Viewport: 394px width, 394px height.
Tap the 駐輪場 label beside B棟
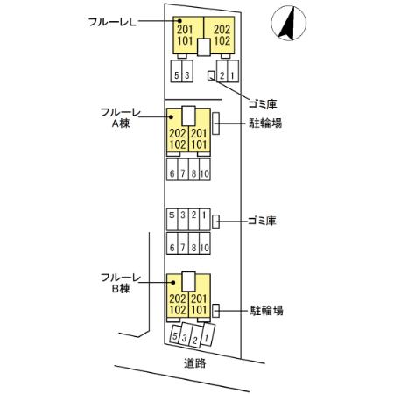[x=265, y=310]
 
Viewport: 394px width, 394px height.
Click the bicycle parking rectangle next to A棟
[x=215, y=123]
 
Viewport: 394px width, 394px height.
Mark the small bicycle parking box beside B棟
[x=215, y=310]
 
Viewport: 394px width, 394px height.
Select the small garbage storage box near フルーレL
[x=210, y=75]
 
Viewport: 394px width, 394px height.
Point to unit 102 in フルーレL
[x=222, y=40]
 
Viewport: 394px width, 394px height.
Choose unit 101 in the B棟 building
[x=199, y=310]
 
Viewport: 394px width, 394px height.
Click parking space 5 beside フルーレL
[x=178, y=74]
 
